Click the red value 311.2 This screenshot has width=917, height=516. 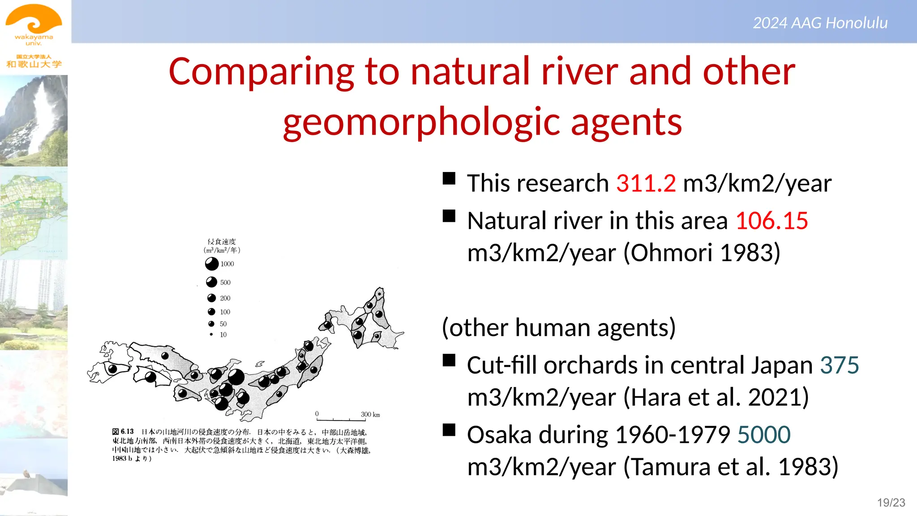[x=646, y=184]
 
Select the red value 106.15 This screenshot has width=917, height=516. [x=771, y=221]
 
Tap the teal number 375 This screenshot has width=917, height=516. [x=839, y=365]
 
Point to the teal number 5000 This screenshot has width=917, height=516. [x=763, y=435]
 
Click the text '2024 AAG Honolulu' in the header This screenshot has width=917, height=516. [x=820, y=23]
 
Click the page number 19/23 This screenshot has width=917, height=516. [x=891, y=503]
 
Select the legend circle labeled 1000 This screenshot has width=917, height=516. [x=212, y=264]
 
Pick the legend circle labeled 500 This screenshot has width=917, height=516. [x=211, y=282]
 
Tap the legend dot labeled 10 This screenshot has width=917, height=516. [x=211, y=335]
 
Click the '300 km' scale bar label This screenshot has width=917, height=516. [x=370, y=414]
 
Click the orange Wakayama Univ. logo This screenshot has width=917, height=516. [x=34, y=25]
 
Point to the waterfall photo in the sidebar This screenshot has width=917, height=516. [x=34, y=121]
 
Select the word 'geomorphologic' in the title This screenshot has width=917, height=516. [x=421, y=122]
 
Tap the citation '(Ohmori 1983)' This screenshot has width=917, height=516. [x=702, y=253]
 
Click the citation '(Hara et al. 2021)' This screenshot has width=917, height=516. [x=716, y=398]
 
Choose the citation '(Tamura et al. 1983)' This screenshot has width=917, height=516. [x=731, y=467]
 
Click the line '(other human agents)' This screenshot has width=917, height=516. [x=558, y=327]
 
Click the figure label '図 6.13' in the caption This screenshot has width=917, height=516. [x=123, y=432]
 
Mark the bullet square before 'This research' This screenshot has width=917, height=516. [x=449, y=179]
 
